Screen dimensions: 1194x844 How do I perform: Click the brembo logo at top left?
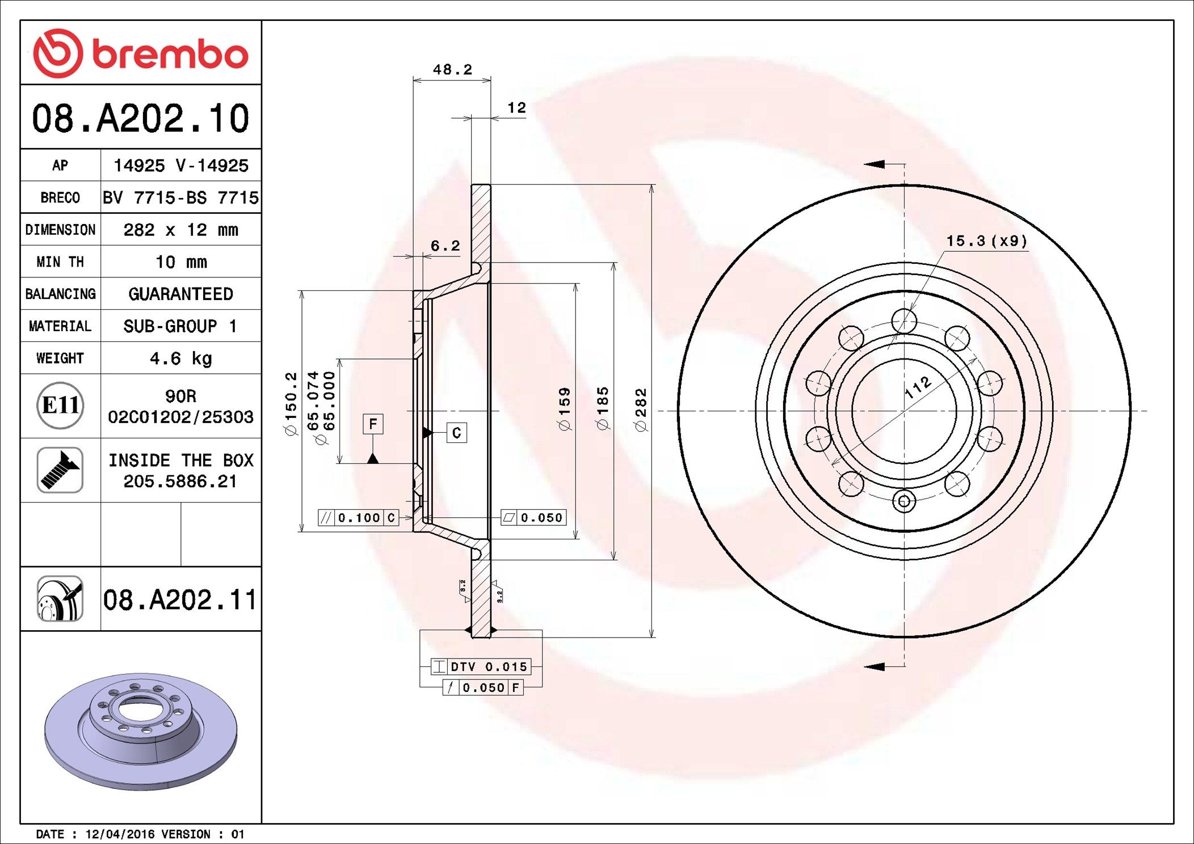(141, 53)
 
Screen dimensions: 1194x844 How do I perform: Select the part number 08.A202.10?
(141, 119)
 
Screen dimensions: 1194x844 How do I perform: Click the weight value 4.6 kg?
(181, 358)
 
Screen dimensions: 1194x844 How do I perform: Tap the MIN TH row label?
(60, 262)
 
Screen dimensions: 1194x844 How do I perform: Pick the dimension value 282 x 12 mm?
(181, 230)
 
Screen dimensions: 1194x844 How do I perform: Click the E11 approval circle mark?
(60, 406)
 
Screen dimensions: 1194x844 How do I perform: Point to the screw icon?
(60, 470)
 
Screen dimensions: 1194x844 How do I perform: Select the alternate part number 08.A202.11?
(180, 600)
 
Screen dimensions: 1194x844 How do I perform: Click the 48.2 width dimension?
(452, 70)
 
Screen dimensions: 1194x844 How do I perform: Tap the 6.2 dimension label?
(445, 246)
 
